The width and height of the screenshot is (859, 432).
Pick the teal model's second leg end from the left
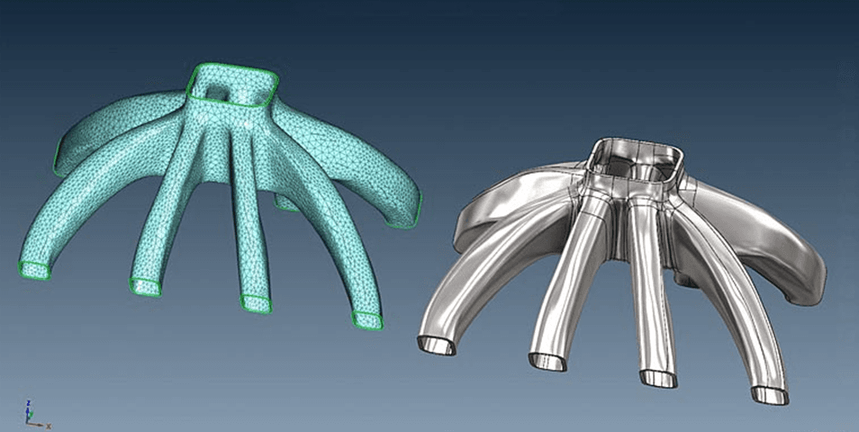pos(145,286)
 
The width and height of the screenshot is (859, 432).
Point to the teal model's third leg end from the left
pos(257,302)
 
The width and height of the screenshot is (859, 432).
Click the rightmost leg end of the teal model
pos(367,319)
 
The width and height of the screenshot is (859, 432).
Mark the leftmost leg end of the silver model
pos(435,344)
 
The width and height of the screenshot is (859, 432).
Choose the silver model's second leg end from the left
pos(547,361)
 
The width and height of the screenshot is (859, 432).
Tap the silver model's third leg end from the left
pos(657,377)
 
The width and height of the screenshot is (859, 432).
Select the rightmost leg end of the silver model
pos(770,394)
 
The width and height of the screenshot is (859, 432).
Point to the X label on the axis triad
pos(48,425)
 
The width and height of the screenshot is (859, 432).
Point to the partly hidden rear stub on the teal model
pos(286,204)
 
